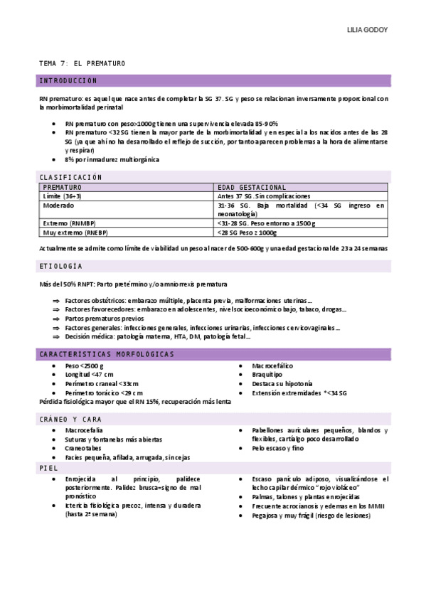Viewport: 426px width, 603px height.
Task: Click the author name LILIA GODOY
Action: [367, 31]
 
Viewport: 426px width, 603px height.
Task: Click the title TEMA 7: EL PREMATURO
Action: [82, 64]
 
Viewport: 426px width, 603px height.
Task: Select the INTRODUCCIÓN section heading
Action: [68, 81]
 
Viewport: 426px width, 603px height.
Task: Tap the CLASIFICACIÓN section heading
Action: [71, 176]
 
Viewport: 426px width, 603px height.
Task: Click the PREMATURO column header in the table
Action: [63, 187]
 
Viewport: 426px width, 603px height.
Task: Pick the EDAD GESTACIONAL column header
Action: [252, 187]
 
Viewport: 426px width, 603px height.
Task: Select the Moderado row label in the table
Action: [58, 205]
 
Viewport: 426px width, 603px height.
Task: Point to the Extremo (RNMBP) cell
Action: [70, 223]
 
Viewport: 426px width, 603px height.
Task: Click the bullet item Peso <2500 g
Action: [84, 365]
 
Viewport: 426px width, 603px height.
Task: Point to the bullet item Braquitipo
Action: [267, 375]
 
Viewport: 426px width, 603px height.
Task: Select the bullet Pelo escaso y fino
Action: [277, 449]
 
